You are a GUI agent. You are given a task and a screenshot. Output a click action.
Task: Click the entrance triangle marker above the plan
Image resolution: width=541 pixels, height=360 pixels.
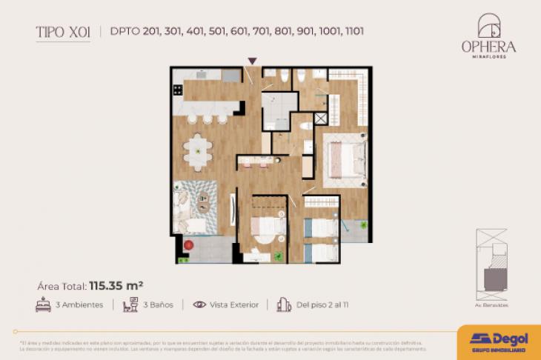click(x=253, y=61)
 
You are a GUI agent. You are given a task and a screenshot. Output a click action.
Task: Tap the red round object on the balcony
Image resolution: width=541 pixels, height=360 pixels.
click(x=188, y=244)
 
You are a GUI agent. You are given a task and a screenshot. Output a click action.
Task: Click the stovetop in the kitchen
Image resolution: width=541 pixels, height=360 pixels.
click(x=177, y=90)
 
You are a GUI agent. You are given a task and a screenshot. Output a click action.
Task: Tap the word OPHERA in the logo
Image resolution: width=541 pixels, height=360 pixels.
click(x=488, y=46)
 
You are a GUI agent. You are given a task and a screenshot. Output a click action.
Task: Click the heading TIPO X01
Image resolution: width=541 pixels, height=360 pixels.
click(x=63, y=32)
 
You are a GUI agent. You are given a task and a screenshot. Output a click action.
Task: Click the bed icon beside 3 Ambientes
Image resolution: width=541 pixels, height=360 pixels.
click(x=43, y=304)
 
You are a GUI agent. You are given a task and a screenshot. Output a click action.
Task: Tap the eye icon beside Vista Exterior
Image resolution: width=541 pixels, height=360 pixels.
click(x=199, y=304)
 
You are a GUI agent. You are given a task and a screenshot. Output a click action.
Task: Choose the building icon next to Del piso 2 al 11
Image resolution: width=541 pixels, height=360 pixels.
click(x=283, y=304)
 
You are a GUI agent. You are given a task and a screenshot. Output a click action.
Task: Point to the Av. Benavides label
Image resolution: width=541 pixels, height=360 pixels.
click(x=492, y=304)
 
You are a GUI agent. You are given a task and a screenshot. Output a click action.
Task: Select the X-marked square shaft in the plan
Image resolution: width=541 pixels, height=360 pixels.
click(x=321, y=119)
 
